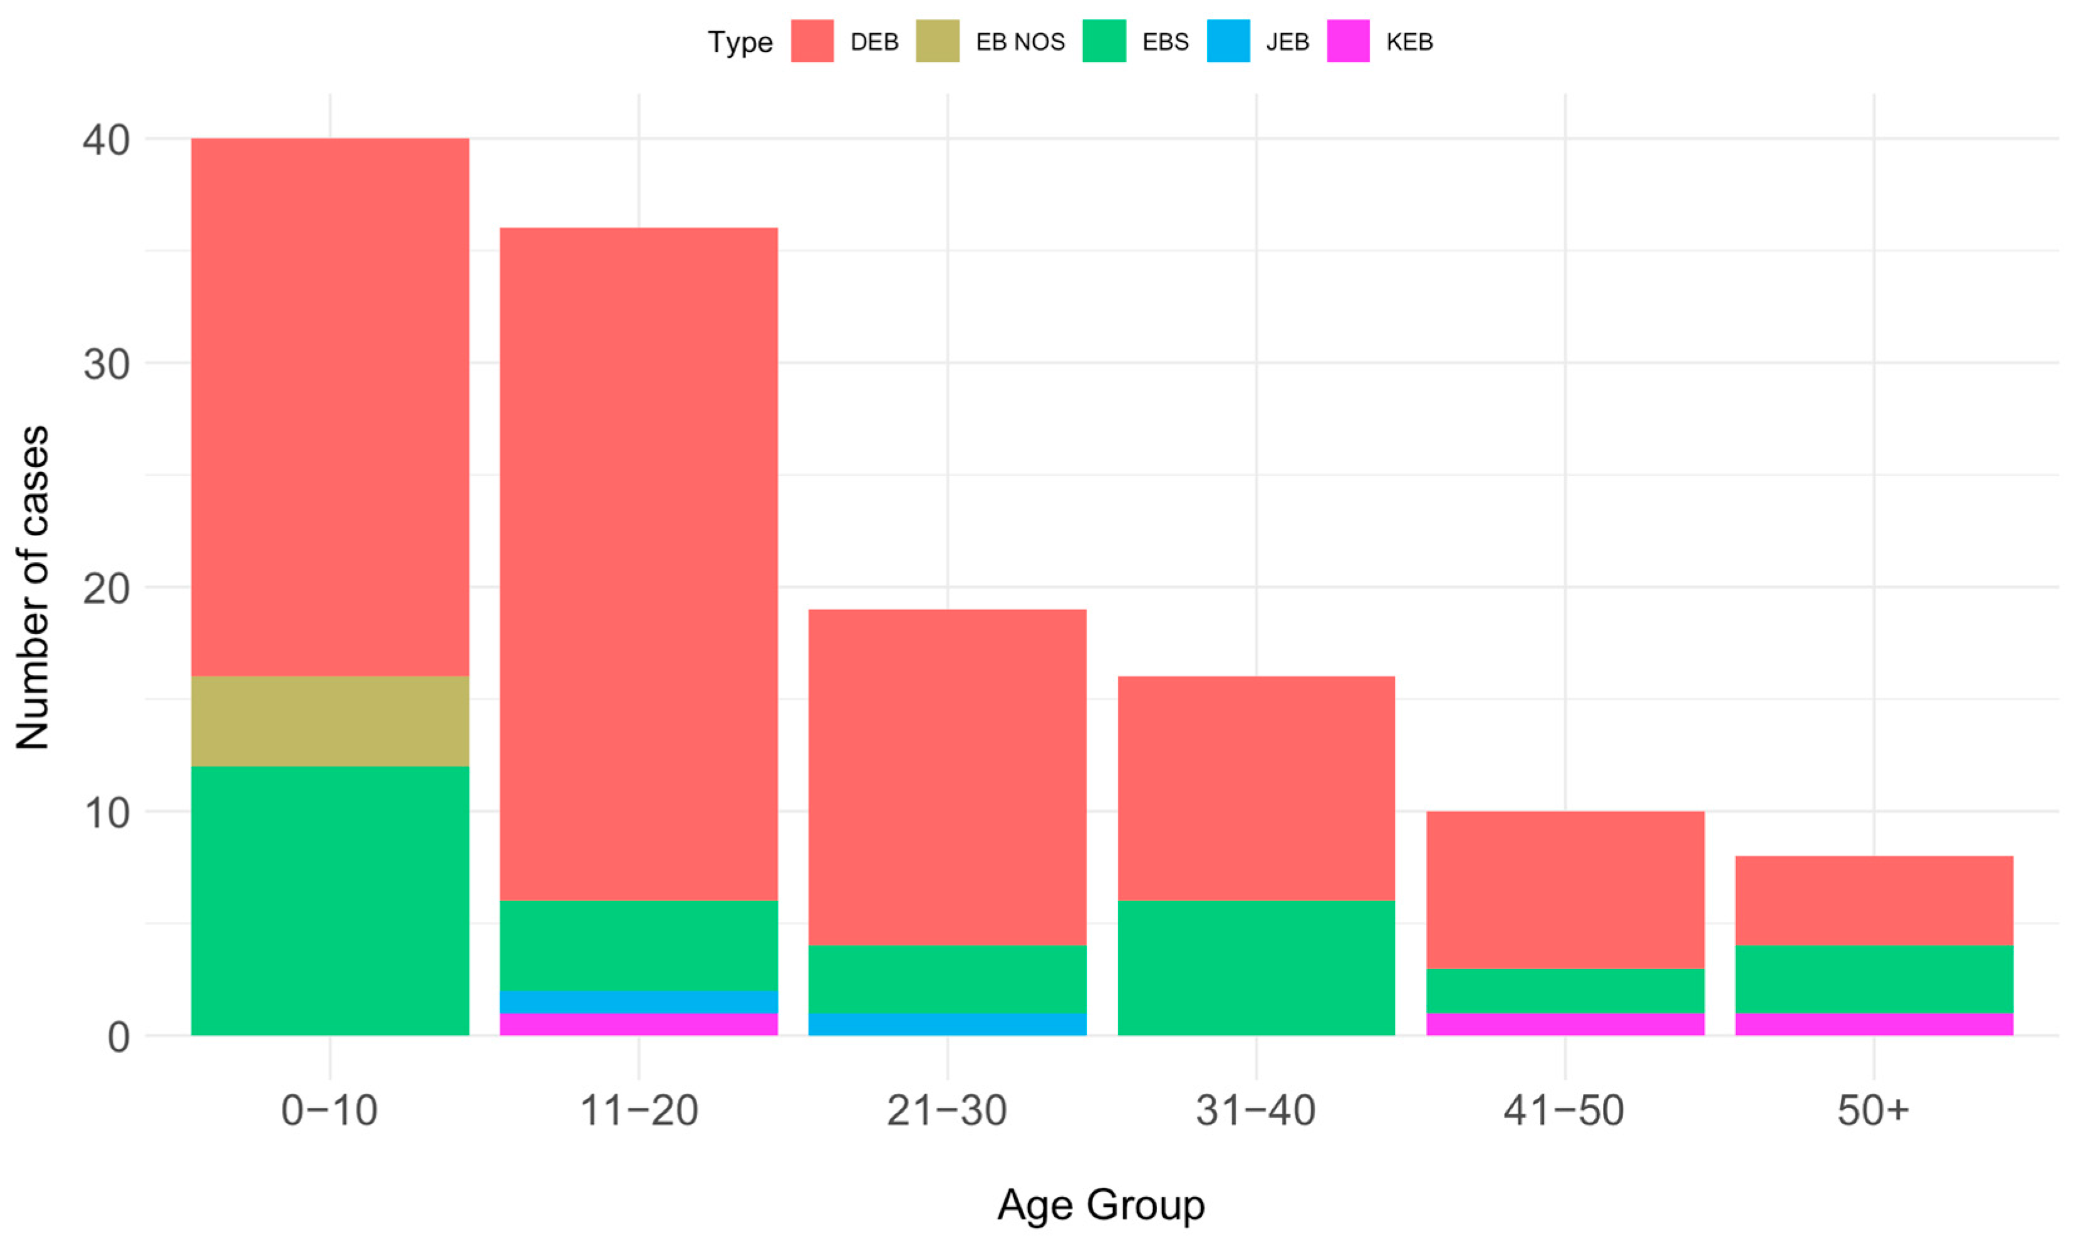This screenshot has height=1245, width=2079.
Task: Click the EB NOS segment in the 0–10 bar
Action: pyautogui.click(x=329, y=721)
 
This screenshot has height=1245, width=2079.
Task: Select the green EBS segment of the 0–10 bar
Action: pyautogui.click(x=329, y=900)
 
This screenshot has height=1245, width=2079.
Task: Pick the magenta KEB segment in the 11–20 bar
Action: pyautogui.click(x=638, y=1025)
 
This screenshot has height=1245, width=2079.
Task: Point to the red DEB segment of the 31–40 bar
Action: pyautogui.click(x=1256, y=788)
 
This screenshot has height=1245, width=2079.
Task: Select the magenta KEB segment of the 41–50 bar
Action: pyautogui.click(x=1565, y=1025)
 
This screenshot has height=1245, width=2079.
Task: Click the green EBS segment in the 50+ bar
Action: pyautogui.click(x=1874, y=978)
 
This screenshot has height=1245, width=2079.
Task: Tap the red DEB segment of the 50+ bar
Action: pyautogui.click(x=1874, y=900)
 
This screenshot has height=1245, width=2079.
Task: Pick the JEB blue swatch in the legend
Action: pyautogui.click(x=1228, y=41)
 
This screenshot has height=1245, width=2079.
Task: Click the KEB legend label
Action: pyautogui.click(x=1409, y=42)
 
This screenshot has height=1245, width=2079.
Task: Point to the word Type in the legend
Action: pyautogui.click(x=739, y=42)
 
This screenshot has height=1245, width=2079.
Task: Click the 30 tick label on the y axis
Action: pyautogui.click(x=106, y=364)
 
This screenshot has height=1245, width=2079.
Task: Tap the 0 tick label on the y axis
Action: pyautogui.click(x=118, y=1038)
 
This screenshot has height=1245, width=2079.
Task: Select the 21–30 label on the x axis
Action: pyautogui.click(x=946, y=1111)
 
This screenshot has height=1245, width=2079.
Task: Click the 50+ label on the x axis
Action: pyautogui.click(x=1873, y=1111)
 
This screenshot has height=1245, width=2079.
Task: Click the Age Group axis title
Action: pyautogui.click(x=1101, y=1206)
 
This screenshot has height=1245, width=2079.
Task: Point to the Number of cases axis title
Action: pyautogui.click(x=34, y=587)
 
